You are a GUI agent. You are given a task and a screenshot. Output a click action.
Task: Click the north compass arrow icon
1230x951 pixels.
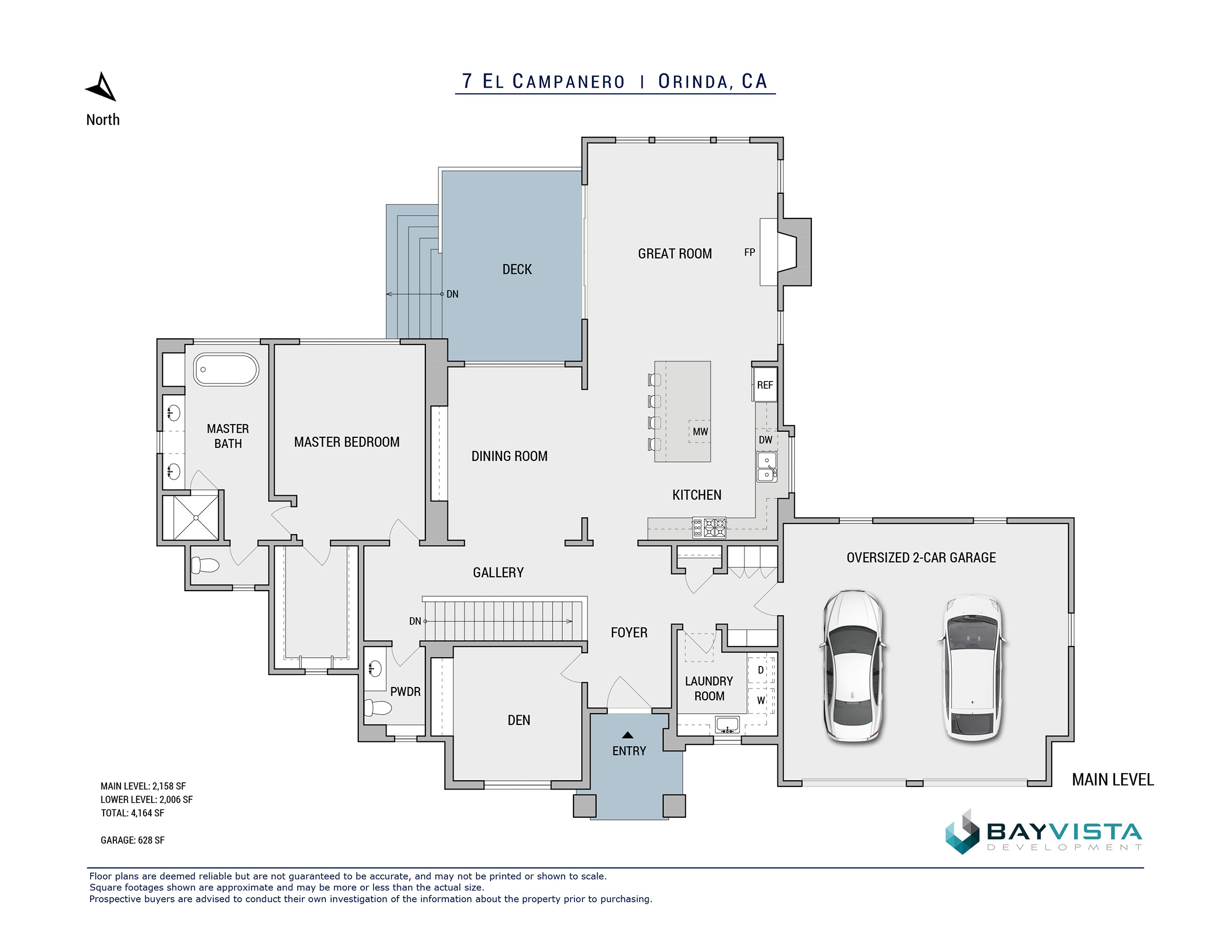coord(102,88)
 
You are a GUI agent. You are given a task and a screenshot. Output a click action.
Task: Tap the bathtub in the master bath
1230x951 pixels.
coord(226,370)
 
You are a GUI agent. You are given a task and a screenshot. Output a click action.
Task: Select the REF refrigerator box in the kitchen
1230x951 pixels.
coord(765,385)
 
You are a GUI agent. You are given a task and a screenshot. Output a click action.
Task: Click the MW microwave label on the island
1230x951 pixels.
coord(700,432)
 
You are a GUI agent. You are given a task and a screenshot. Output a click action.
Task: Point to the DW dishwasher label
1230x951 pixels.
coord(765,440)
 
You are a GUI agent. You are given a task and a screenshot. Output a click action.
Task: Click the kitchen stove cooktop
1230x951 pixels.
coord(709,528)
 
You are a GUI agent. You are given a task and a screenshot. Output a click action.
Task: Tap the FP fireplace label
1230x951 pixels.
coord(749,252)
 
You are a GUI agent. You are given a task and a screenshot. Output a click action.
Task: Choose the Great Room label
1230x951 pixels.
coord(674,254)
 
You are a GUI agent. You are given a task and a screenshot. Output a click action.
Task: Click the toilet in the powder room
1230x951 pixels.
coord(377,707)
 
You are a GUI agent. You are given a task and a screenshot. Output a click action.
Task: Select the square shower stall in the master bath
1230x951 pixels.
coord(195,517)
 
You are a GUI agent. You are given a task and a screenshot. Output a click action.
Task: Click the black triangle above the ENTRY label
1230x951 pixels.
coord(627,735)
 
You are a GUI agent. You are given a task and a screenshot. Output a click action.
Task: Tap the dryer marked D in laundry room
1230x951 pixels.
coord(761,670)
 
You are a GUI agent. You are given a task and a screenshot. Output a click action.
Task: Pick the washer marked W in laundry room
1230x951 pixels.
coord(761,701)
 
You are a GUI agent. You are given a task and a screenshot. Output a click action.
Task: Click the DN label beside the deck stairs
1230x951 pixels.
coord(452,294)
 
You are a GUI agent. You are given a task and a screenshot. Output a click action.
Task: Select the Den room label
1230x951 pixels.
coord(519,721)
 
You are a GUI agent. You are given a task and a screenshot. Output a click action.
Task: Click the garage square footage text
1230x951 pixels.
coord(132,840)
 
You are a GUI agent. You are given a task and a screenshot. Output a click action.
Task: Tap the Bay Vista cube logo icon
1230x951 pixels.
coord(962,832)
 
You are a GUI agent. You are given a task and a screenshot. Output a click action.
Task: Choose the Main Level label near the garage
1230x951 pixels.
coord(1113,780)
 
